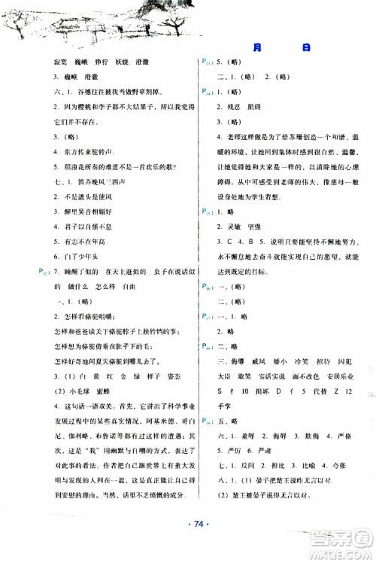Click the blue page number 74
coord(188,543)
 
